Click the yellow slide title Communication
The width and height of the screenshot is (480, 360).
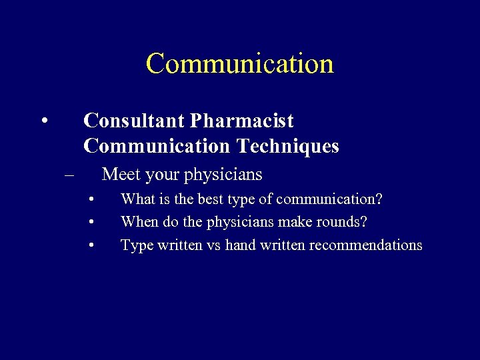[239, 63]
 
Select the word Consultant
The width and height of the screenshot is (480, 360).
[134, 121]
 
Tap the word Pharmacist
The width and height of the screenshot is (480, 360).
[241, 121]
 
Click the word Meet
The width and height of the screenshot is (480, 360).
[121, 175]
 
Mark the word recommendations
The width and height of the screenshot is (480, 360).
[360, 245]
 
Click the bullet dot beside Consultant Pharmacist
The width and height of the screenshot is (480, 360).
[43, 121]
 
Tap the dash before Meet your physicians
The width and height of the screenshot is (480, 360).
[69, 175]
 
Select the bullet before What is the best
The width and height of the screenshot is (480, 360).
[91, 199]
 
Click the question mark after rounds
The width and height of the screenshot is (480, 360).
[364, 222]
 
